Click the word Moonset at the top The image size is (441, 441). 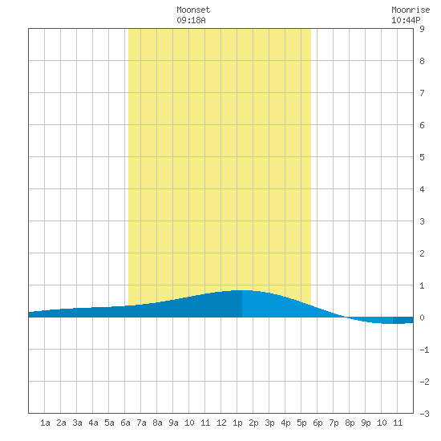pos(193,10)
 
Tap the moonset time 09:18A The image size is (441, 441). pos(191,20)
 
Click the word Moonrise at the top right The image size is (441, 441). pos(411,10)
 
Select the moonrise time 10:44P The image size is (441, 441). pos(406,20)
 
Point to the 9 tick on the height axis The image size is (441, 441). pos(422,29)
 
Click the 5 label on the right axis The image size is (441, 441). pos(422,157)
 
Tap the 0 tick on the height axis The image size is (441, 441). pos(422,318)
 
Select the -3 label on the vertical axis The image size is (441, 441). pos(424,414)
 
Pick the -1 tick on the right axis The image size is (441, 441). pos(424,350)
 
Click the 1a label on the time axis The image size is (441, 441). pos(45,423)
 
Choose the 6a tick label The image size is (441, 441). pos(125,423)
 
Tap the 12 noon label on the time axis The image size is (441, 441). pos(221,423)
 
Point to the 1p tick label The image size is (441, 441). pos(237,423)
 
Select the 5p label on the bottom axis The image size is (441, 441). pos(301,423)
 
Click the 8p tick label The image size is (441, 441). pos(350,423)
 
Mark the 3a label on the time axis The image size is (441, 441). pos(77,423)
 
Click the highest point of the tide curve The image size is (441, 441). pos(242,290)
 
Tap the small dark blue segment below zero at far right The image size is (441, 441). pos(403,321)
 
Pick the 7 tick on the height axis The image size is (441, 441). pos(422,93)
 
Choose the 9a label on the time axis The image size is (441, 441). pos(173,423)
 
